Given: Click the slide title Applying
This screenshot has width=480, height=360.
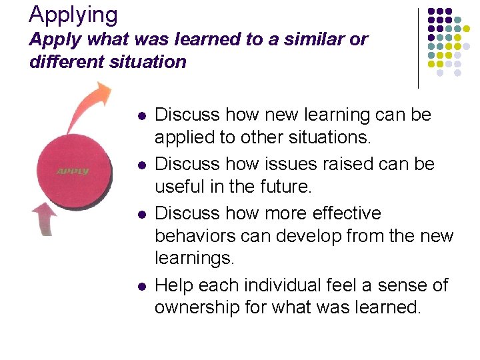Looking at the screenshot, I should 73,14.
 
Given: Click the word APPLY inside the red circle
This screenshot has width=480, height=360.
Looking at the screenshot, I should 73,172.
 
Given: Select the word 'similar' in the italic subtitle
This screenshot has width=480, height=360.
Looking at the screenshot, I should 311,39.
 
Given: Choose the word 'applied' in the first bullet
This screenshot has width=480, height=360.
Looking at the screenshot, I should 181,139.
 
